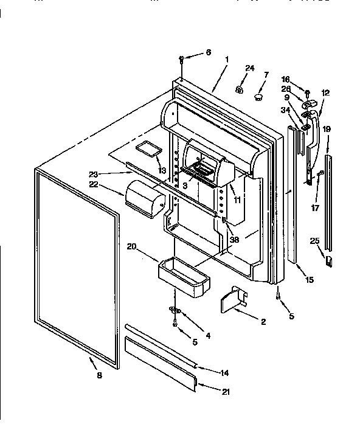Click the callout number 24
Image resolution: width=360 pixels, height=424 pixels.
pyautogui.click(x=249, y=68)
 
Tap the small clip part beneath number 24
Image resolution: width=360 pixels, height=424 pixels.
pyautogui.click(x=240, y=90)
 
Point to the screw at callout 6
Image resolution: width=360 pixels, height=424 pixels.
pyautogui.click(x=182, y=59)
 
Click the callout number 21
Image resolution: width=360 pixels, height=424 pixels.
pyautogui.click(x=226, y=392)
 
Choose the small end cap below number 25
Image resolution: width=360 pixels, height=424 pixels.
pyautogui.click(x=328, y=261)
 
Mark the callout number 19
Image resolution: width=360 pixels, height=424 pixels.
pyautogui.click(x=327, y=129)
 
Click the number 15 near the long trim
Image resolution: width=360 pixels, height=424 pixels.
pyautogui.click(x=309, y=280)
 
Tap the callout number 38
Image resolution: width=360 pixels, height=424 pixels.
pyautogui.click(x=234, y=239)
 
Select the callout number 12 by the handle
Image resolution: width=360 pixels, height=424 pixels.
pyautogui.click(x=325, y=93)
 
